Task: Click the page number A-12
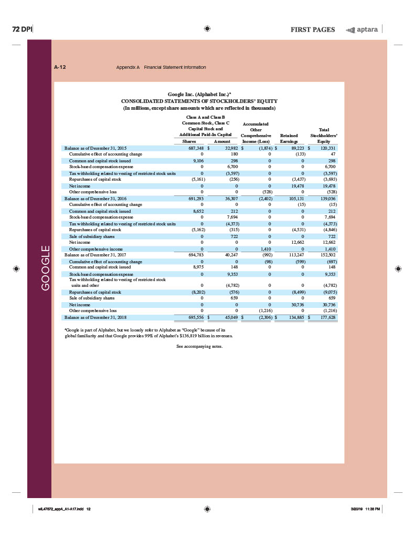[x=60, y=67]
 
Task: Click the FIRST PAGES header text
[x=312, y=29]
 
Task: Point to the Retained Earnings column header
[x=290, y=138]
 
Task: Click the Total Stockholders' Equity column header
[x=324, y=135]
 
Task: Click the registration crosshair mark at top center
[x=208, y=29]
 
